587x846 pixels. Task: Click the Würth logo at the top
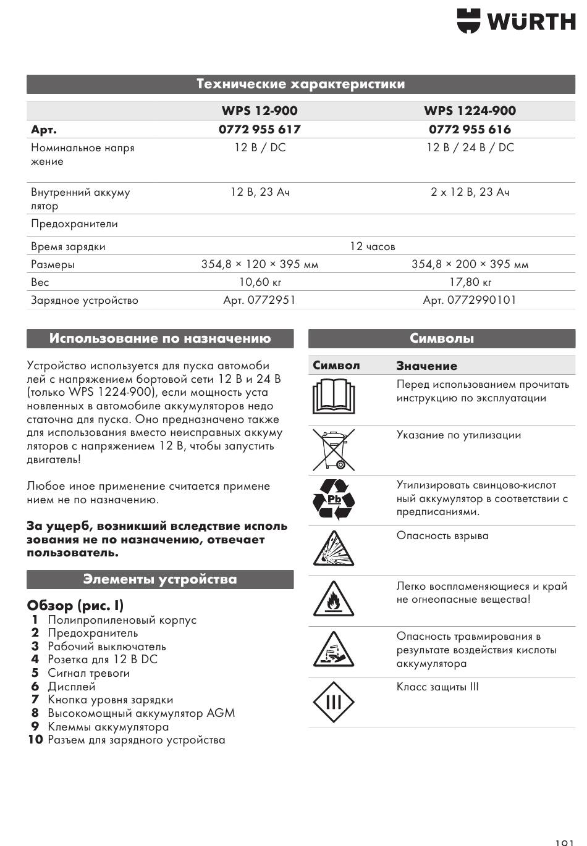tap(516, 21)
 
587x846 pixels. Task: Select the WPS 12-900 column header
tap(260, 111)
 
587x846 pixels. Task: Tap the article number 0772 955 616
tap(470, 129)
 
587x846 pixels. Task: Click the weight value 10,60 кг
tap(260, 282)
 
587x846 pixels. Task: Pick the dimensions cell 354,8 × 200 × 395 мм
tap(470, 264)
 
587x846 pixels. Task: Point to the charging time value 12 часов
tap(372, 246)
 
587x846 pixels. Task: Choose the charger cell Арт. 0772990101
tap(469, 300)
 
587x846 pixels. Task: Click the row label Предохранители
tap(74, 224)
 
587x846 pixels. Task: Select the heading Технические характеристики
tap(301, 84)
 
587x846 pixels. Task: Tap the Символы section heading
tap(442, 338)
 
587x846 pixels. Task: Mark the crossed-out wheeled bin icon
tap(334, 449)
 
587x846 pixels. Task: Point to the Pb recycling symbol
tap(334, 499)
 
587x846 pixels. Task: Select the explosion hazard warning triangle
tap(334, 549)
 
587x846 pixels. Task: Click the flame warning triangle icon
tap(334, 600)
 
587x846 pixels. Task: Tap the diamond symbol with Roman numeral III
tap(334, 702)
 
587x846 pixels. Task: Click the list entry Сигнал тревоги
tap(88, 673)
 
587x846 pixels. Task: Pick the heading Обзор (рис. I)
tap(75, 605)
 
